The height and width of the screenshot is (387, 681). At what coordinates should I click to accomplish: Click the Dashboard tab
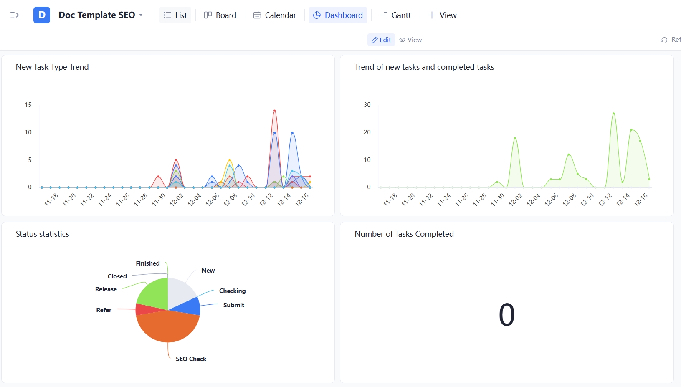coord(338,15)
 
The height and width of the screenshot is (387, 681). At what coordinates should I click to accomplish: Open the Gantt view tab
coord(395,15)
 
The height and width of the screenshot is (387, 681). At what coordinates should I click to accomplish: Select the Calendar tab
coord(275,15)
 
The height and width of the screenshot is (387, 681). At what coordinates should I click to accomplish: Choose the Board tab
coord(220,15)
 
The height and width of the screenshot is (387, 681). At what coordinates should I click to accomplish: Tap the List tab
coord(175,15)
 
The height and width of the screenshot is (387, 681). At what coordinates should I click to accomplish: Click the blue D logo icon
coord(42,15)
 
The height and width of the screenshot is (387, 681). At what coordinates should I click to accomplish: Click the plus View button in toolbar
coord(443,15)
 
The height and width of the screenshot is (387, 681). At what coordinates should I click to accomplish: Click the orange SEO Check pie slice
coord(167,328)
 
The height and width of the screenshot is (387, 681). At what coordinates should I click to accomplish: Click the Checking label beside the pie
coord(232,291)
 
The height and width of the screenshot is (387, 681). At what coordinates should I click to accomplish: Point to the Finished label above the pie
coord(147,263)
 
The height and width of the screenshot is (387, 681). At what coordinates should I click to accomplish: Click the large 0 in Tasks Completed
coord(506,315)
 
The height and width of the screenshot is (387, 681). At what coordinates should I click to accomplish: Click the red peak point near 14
coord(274,111)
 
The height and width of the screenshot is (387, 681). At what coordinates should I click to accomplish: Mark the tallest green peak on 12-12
coord(613,114)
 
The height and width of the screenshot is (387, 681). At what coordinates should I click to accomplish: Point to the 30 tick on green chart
coord(367,105)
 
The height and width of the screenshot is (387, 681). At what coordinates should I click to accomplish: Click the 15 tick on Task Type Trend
coord(28,105)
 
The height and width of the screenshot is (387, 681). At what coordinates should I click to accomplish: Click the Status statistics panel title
coord(43,234)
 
